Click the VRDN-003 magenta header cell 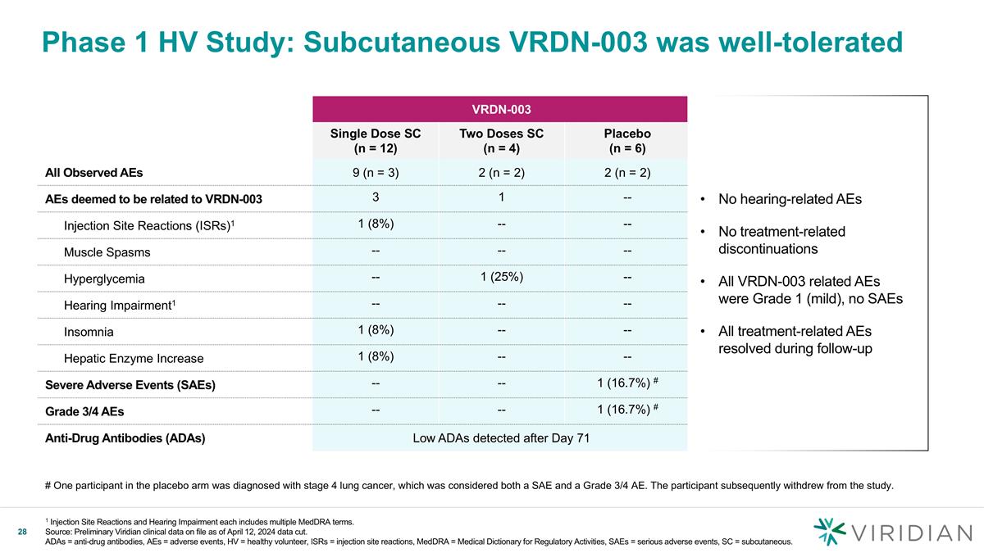[x=499, y=108]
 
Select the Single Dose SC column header [x=375, y=140]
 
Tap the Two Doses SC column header [x=501, y=140]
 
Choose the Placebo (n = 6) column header [x=626, y=140]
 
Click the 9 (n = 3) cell [x=375, y=172]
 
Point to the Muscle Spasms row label [x=107, y=252]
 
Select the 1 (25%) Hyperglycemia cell [x=501, y=276]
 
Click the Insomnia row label [x=89, y=332]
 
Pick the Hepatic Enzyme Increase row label [x=134, y=358]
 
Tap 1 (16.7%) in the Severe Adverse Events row [x=626, y=383]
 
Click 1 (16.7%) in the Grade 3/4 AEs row [x=626, y=410]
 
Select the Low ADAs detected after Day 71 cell [x=501, y=437]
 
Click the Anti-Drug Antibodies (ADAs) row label [x=125, y=437]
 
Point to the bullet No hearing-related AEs [x=790, y=199]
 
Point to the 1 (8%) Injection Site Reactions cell [x=375, y=224]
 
